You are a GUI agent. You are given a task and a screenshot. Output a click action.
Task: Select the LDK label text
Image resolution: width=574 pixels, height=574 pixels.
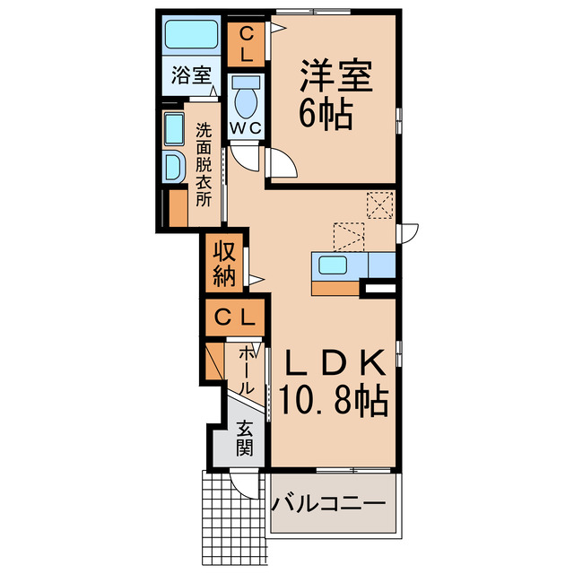pyautogui.click(x=336, y=361)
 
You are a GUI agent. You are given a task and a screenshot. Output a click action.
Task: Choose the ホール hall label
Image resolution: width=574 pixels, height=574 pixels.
pyautogui.click(x=247, y=370)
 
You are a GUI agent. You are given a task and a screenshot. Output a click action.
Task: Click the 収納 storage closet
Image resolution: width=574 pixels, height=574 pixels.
pyautogui.click(x=224, y=264)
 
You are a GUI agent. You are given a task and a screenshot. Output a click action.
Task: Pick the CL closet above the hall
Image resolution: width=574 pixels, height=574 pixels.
pyautogui.click(x=234, y=317)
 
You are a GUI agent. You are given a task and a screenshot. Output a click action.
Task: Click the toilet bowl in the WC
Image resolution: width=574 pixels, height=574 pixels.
pyautogui.click(x=244, y=100)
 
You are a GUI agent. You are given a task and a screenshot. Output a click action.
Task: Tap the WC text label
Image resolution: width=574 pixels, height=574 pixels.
pyautogui.click(x=244, y=127)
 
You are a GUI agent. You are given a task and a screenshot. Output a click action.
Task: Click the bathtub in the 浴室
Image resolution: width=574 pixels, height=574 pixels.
pyautogui.click(x=191, y=37)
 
